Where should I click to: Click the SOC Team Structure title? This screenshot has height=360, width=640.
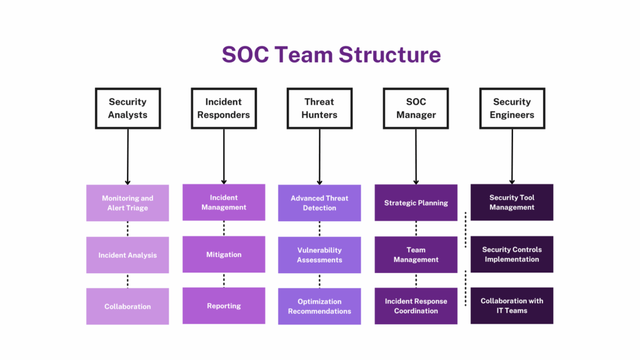tap(331, 54)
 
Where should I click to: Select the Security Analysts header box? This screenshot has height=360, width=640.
tap(127, 108)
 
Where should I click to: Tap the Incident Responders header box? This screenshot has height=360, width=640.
tap(224, 108)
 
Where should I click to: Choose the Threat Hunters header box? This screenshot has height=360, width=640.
tap(319, 108)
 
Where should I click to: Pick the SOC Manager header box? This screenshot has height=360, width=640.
tap(416, 108)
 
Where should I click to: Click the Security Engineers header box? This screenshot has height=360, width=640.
tap(512, 108)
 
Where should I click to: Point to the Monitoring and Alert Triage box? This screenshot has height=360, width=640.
tap(127, 203)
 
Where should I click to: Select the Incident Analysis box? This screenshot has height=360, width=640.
tap(127, 255)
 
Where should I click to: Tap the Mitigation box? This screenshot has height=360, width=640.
tap(224, 254)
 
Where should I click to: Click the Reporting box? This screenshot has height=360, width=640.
tap(224, 306)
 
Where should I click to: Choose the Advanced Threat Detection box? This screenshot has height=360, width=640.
tap(319, 203)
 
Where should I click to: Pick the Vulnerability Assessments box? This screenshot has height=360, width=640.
tap(319, 255)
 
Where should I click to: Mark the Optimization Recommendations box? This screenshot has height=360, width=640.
tap(319, 306)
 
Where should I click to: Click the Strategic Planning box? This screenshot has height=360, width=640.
tap(416, 202)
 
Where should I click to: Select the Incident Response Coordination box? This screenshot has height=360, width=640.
tap(416, 306)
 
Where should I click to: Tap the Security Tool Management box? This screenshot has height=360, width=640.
tap(512, 202)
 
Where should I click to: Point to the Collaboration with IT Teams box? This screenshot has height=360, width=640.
tap(512, 306)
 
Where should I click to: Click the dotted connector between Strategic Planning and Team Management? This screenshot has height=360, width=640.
tap(416, 229)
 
